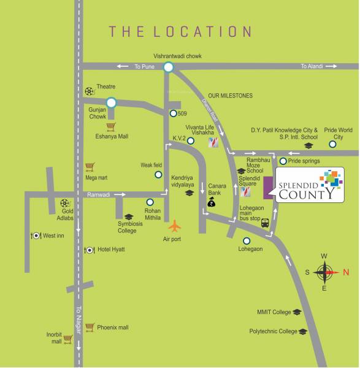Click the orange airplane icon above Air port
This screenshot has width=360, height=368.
point(175,224)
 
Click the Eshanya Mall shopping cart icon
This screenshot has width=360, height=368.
point(111,127)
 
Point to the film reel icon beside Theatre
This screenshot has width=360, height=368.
point(90,91)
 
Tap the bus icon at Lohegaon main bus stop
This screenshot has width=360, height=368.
point(265,223)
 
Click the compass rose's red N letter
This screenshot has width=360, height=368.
point(345,272)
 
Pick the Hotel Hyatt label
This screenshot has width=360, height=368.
point(111,250)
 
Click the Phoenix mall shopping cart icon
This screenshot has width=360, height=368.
point(90,328)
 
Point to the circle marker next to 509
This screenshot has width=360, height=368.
point(174,113)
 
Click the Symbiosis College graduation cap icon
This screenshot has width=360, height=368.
point(128,217)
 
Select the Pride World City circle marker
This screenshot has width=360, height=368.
point(332,145)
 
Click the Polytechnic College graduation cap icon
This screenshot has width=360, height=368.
point(303,331)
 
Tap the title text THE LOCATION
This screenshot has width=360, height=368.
point(180,31)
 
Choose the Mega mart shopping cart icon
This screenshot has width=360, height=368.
point(90,167)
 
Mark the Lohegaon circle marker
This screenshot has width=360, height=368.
point(247,240)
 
